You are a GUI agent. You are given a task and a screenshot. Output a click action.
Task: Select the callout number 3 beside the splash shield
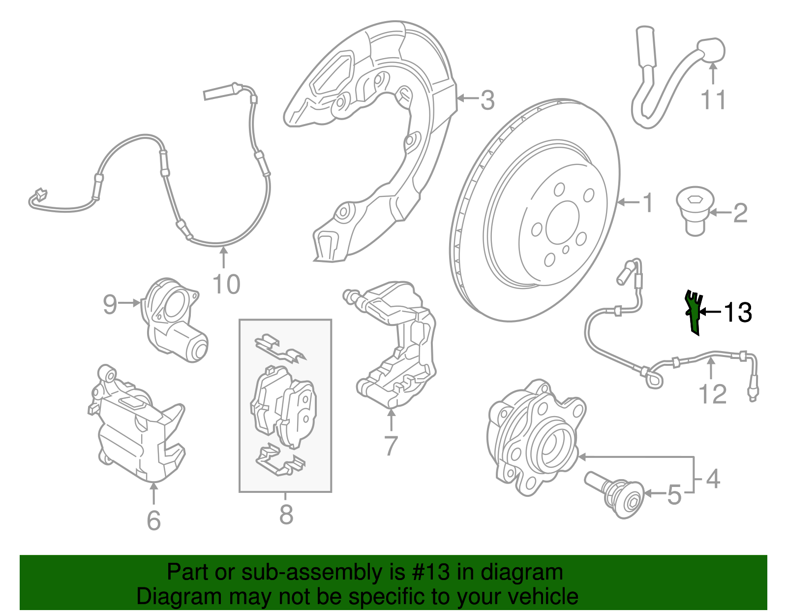487,100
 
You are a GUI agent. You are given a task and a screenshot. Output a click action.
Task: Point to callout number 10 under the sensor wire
226,285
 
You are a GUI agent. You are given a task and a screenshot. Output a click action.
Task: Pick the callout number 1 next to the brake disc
648,202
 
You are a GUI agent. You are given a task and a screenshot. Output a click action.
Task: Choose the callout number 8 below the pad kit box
286,515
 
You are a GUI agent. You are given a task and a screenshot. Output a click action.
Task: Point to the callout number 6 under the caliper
153,520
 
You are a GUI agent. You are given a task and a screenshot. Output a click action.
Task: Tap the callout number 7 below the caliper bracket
391,446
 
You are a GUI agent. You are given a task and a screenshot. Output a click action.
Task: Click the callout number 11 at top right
713,100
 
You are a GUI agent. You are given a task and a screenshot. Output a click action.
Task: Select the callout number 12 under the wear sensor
712,394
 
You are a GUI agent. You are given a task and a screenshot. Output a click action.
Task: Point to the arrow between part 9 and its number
130,303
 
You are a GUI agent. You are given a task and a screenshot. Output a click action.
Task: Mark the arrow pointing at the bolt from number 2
719,213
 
